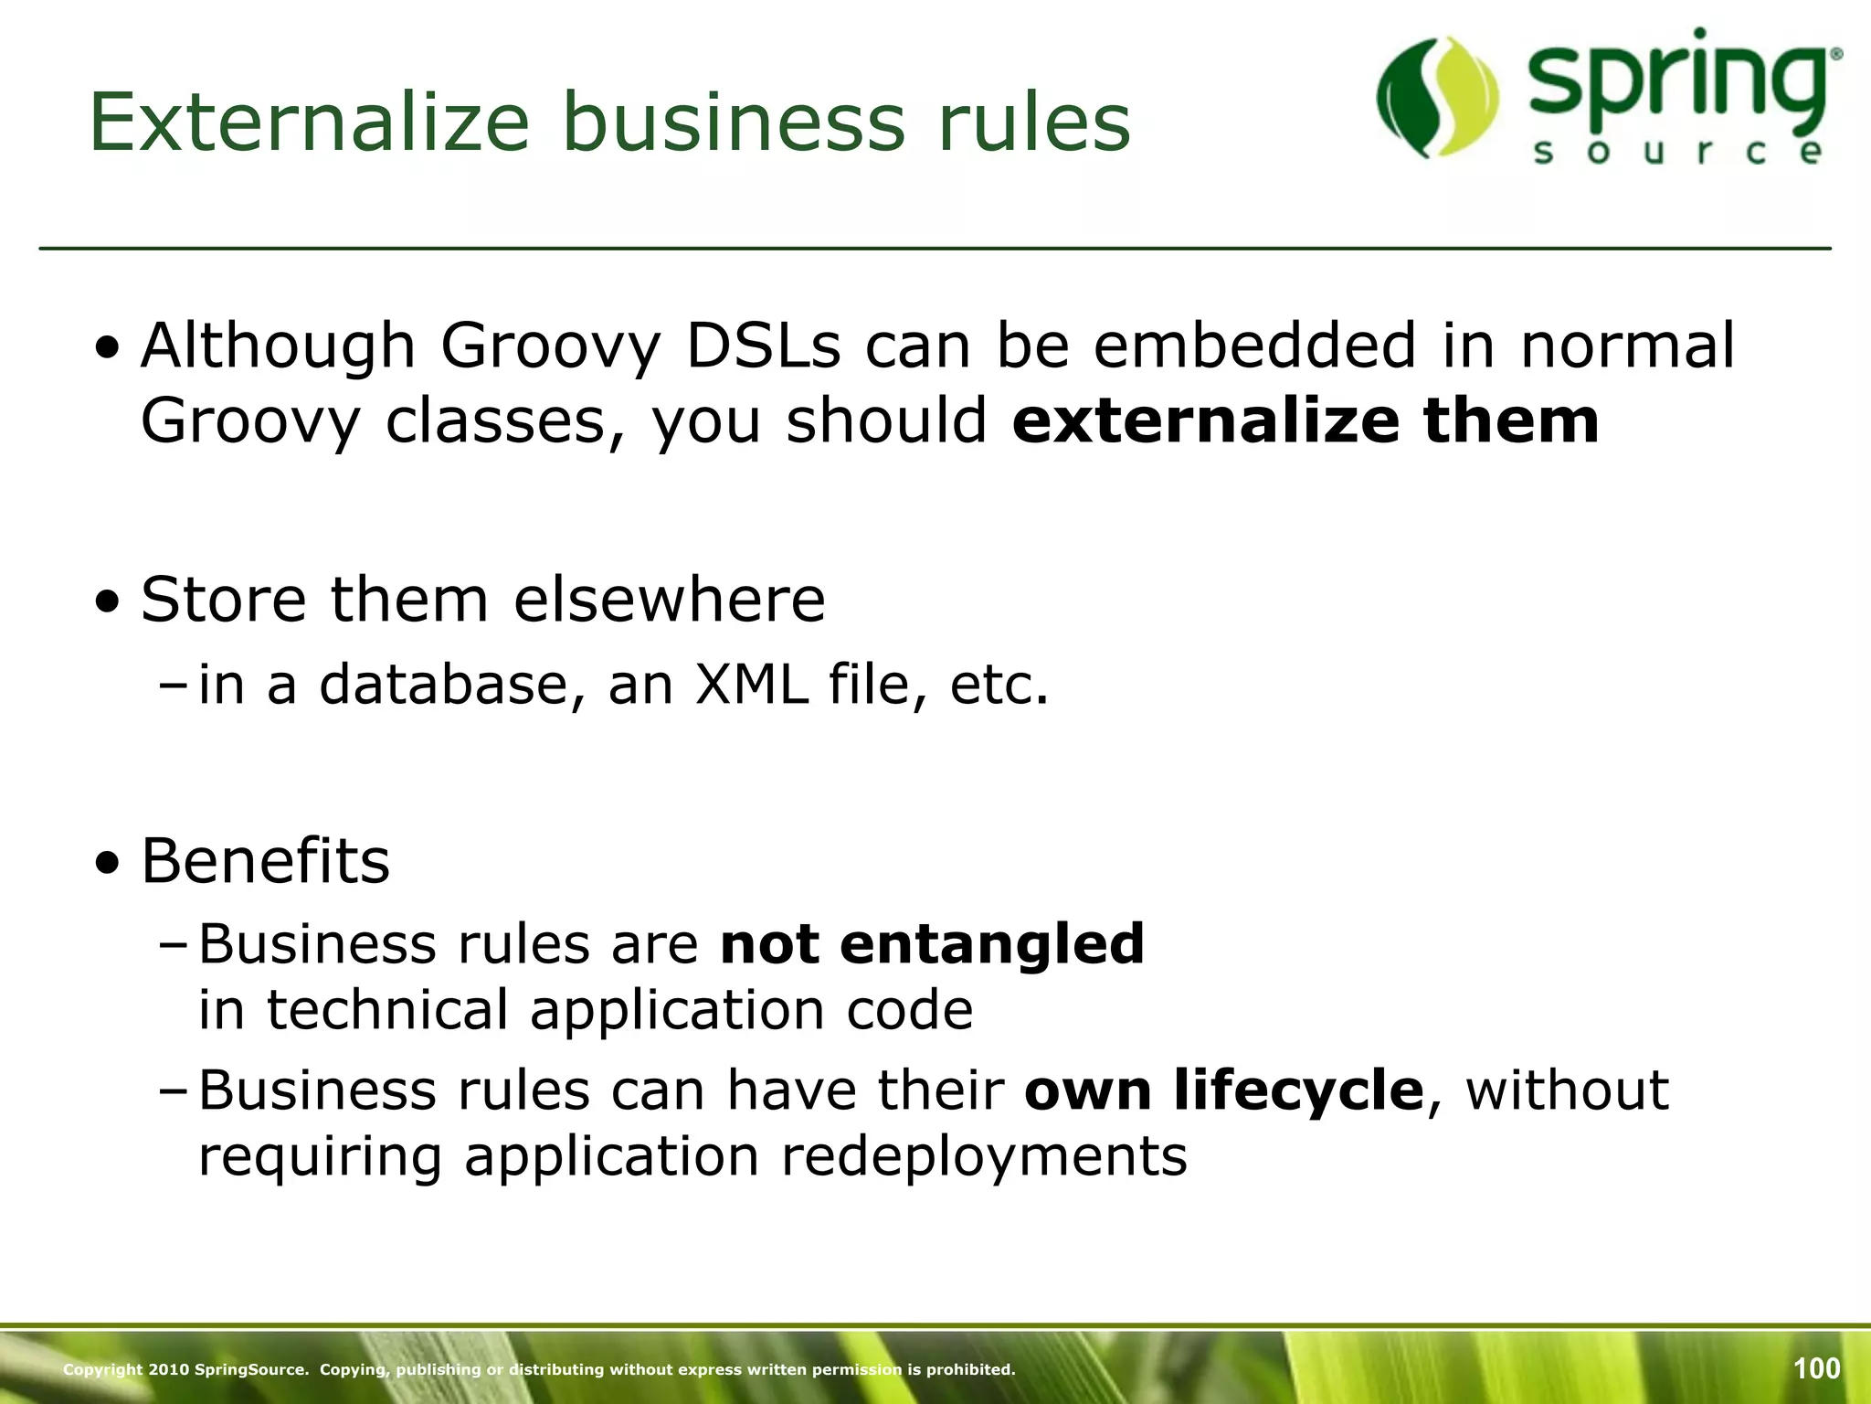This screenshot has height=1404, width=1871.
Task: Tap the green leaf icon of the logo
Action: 1437,98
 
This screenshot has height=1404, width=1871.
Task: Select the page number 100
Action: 1816,1368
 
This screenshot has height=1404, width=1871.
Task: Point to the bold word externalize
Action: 1205,421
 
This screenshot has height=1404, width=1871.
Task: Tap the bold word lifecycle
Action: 1298,1090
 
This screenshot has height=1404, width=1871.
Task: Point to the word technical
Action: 386,1010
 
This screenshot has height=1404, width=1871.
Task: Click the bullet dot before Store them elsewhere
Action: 109,602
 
